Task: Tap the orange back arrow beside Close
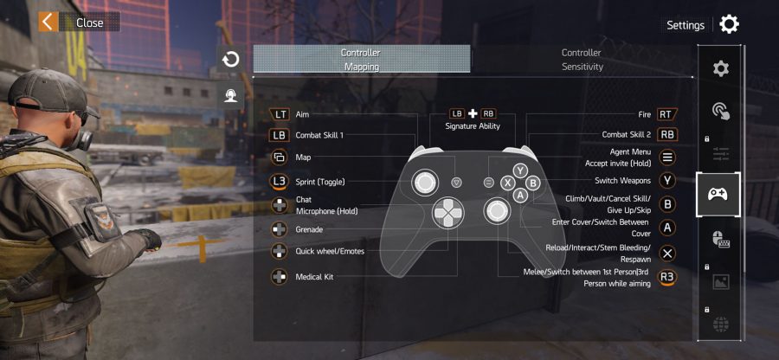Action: click(x=48, y=22)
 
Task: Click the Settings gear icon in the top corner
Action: click(x=729, y=24)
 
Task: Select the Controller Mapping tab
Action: click(x=362, y=59)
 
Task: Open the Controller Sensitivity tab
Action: click(x=582, y=59)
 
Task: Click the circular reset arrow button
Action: click(x=230, y=60)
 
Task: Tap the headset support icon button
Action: click(x=230, y=95)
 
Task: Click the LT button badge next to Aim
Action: click(x=280, y=114)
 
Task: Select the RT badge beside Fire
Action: click(x=667, y=114)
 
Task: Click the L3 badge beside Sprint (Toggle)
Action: click(x=280, y=182)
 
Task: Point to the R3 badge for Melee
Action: click(x=667, y=278)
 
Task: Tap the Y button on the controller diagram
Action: click(x=519, y=170)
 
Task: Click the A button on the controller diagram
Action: click(x=519, y=196)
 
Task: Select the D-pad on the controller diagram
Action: click(x=448, y=212)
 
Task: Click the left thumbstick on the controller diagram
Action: click(x=425, y=183)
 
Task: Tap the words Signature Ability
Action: click(x=473, y=126)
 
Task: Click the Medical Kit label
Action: click(x=314, y=277)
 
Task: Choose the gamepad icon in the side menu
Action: click(x=718, y=194)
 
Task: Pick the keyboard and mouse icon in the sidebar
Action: click(x=720, y=240)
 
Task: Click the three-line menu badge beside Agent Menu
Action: click(x=667, y=157)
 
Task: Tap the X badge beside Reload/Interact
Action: click(x=667, y=254)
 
